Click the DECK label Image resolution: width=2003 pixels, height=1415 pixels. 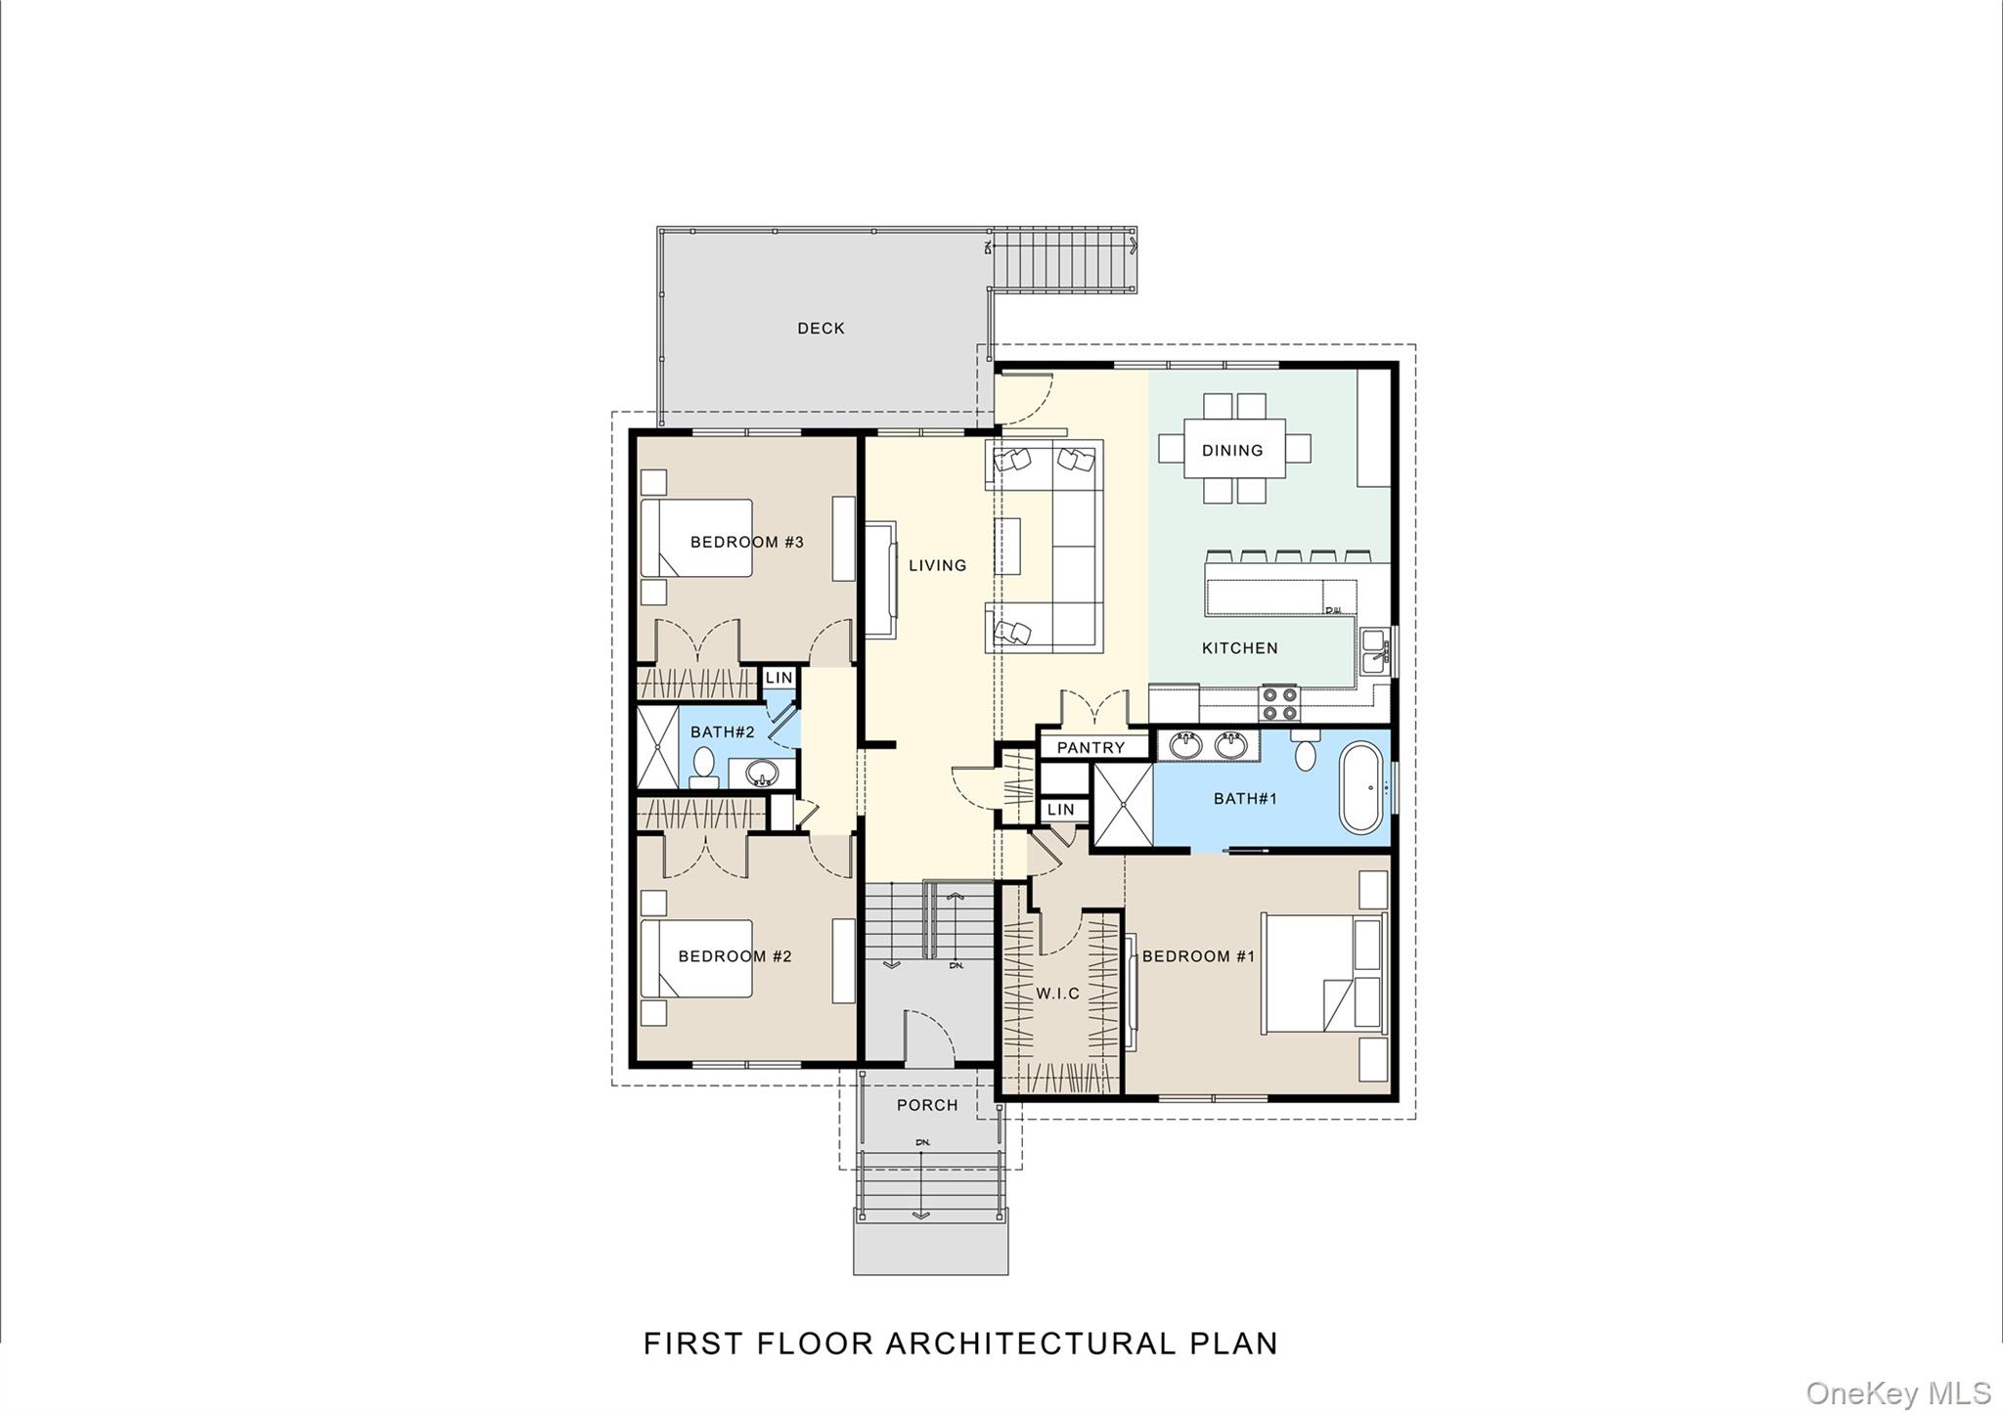(x=821, y=329)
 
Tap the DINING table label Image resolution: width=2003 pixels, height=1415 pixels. (x=1232, y=451)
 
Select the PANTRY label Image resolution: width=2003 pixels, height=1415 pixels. (x=1091, y=748)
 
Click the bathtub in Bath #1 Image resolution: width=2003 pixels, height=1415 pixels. (x=1363, y=787)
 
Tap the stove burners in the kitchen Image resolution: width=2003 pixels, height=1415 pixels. (x=1279, y=700)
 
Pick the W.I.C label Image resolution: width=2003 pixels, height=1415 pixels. (x=1058, y=994)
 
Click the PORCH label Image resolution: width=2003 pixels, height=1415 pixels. (x=927, y=1105)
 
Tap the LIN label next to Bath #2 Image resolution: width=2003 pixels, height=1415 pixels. (x=779, y=678)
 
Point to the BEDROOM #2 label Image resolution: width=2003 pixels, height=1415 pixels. (x=734, y=956)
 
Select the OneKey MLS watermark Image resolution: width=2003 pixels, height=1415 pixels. (x=1898, y=1393)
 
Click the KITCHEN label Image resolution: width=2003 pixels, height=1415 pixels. (x=1239, y=648)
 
